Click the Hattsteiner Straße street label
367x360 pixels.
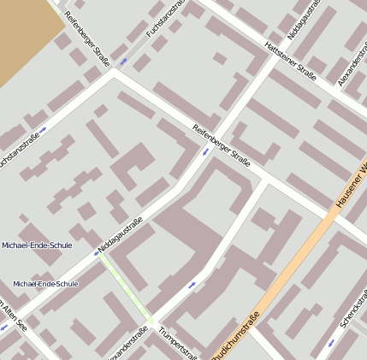pos(290,62)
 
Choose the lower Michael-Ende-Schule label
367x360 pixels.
pos(45,283)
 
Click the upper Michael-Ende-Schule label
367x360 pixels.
pos(37,245)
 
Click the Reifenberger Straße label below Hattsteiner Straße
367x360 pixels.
pos(222,145)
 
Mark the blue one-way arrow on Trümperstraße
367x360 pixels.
pos(192,285)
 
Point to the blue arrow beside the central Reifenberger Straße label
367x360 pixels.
pos(205,152)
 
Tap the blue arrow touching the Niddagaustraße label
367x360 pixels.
pos(96,253)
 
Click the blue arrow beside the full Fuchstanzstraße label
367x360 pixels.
pos(125,62)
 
